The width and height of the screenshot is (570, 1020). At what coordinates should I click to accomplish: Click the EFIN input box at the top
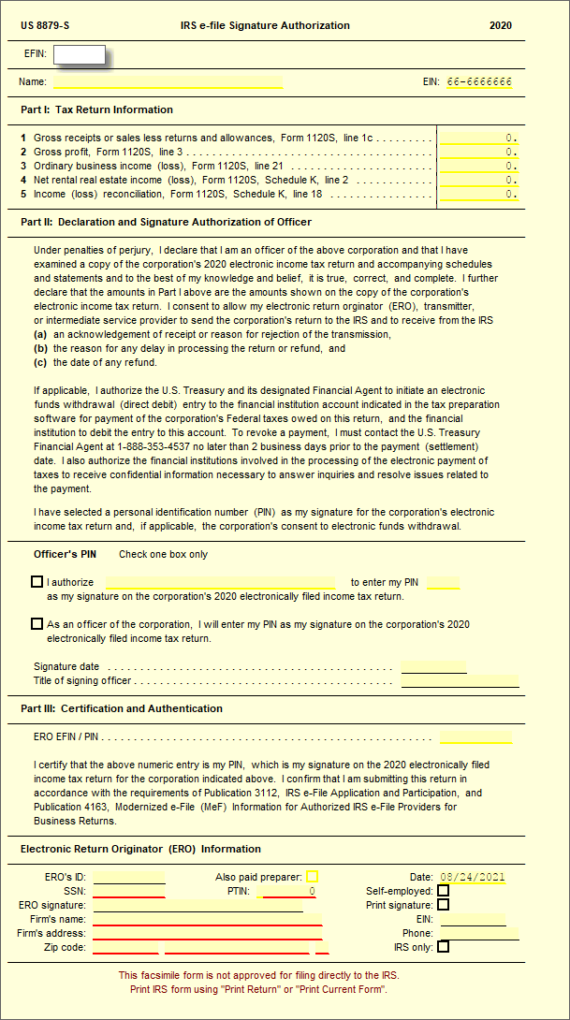coord(80,54)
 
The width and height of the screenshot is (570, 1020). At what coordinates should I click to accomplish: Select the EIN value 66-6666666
coord(480,82)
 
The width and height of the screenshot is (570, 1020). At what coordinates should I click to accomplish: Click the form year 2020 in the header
coord(501,25)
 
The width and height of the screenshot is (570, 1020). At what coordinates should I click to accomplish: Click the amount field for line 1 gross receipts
coord(479,138)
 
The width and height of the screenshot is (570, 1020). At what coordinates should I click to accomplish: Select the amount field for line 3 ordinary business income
coord(479,166)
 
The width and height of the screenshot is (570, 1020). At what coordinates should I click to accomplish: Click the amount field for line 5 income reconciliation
coord(479,195)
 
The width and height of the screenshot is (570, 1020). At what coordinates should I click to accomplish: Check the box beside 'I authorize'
coord(37,582)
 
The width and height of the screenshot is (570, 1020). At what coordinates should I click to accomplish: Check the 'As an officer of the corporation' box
coord(37,624)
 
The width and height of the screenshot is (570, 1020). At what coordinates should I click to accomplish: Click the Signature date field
coord(433,667)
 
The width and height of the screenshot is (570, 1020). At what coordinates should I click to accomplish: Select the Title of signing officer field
coord(460,681)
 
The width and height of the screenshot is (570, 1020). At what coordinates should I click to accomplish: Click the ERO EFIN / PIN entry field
coord(475,736)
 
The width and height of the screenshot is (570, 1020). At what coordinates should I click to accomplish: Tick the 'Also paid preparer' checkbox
coord(313,877)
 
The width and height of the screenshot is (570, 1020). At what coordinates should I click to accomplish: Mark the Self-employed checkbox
coord(444,891)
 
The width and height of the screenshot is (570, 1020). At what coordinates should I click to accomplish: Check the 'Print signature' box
coord(444,905)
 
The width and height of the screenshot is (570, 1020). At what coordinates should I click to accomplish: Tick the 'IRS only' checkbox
coord(444,947)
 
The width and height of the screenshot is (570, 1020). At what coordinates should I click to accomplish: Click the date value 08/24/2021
coord(473,878)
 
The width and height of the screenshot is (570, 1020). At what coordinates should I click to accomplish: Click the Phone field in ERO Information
coord(478,933)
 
